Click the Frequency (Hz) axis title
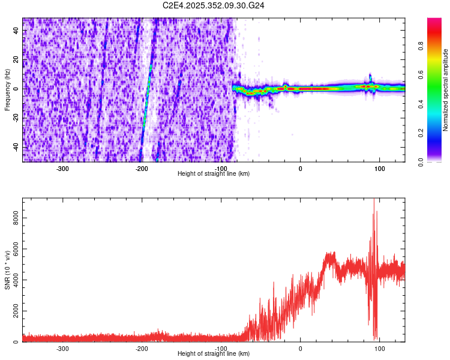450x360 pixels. pyautogui.click(x=7, y=90)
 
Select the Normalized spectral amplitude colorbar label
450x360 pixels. pyautogui.click(x=446, y=90)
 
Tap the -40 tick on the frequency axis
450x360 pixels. pyautogui.click(x=16, y=147)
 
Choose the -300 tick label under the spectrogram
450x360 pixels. pyautogui.click(x=63, y=169)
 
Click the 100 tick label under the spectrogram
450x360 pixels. pyautogui.click(x=379, y=169)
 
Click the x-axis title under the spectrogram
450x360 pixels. pyautogui.click(x=214, y=174)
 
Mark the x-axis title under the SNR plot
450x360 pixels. pyautogui.click(x=214, y=354)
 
